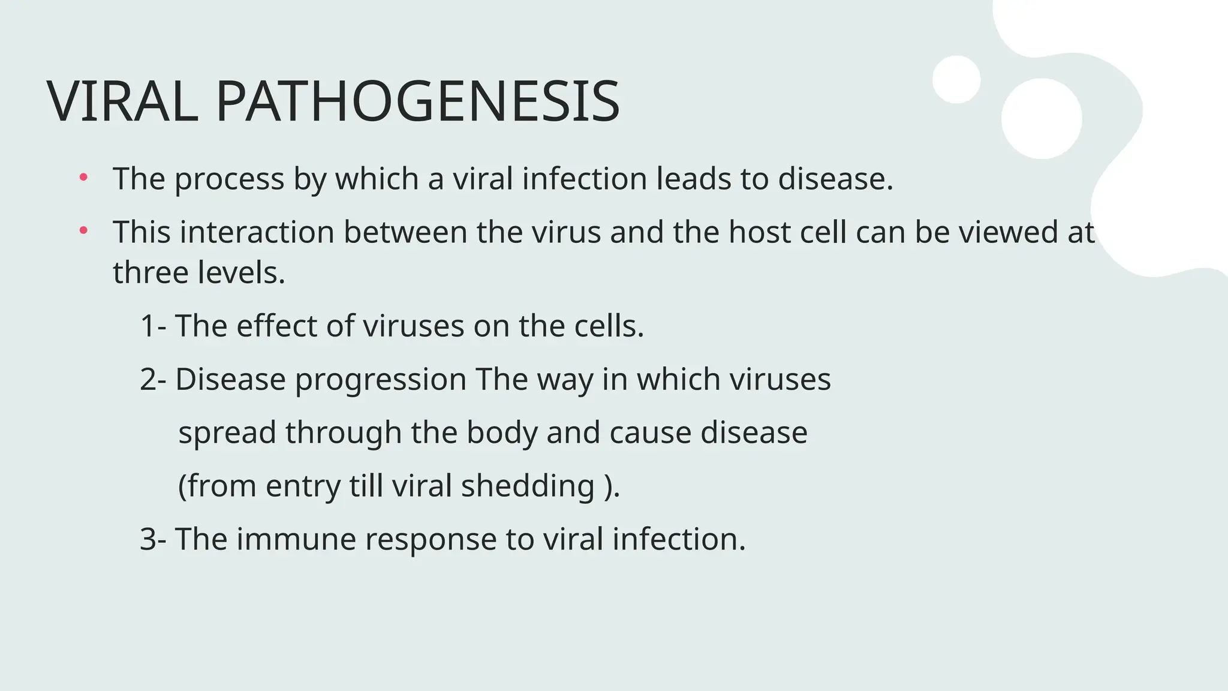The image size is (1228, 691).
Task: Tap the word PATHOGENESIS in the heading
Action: pyautogui.click(x=417, y=101)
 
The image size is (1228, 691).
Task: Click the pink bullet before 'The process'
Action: pyautogui.click(x=83, y=177)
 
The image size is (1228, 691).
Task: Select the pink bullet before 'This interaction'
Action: pyautogui.click(x=83, y=230)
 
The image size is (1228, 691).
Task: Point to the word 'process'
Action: pyautogui.click(x=229, y=179)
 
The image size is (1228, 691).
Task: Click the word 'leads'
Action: pyautogui.click(x=694, y=179)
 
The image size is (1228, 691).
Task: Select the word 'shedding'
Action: pyautogui.click(x=528, y=486)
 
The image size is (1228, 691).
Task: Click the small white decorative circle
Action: pyautogui.click(x=956, y=79)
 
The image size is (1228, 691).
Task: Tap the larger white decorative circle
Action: pyautogui.click(x=1042, y=118)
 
